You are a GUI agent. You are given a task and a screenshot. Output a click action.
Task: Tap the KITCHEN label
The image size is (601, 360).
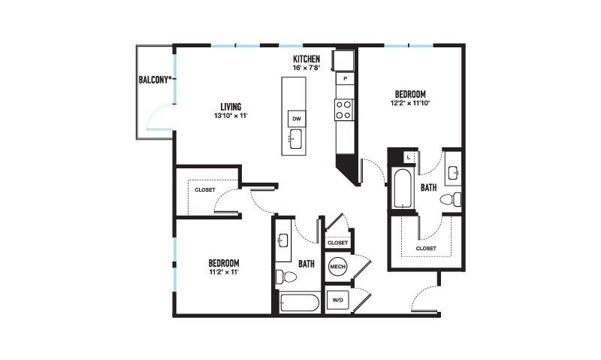307,59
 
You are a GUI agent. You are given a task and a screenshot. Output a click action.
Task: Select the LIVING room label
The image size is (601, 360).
231,107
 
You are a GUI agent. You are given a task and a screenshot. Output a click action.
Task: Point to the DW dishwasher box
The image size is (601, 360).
297,119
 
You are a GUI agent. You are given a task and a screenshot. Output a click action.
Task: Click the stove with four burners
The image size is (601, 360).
343,110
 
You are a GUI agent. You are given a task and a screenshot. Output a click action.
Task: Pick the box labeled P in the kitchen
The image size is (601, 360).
345,79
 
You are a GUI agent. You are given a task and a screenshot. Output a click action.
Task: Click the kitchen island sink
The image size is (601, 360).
295,139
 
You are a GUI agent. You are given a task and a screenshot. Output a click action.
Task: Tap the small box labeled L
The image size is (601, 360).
409,157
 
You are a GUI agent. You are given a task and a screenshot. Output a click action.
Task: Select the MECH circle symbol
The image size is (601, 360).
337,267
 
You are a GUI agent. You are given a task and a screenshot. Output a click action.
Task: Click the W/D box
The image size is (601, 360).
337,300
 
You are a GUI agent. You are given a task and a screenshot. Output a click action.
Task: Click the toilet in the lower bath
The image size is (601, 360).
286,277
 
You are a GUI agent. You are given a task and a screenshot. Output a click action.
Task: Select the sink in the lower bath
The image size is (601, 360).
283,241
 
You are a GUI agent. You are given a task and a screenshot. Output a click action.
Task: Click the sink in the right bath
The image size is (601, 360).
454,173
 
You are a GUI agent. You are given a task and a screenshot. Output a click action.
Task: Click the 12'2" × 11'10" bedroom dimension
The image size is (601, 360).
410,103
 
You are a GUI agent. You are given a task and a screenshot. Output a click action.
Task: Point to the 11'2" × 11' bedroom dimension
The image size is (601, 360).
224,272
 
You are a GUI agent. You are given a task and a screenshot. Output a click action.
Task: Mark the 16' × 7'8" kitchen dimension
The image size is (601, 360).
307,68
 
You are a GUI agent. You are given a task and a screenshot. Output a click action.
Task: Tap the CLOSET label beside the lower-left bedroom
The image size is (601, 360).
205,190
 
